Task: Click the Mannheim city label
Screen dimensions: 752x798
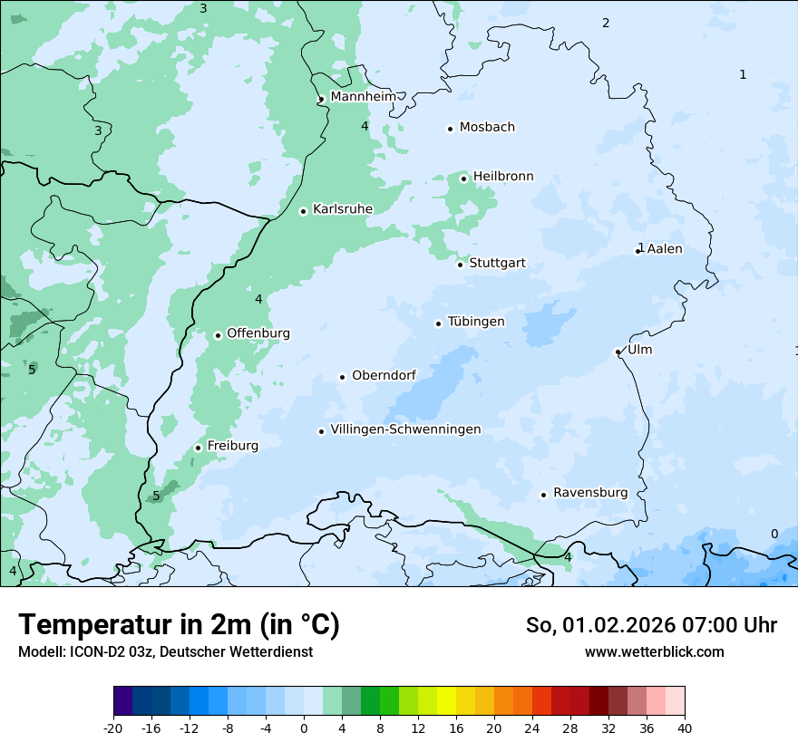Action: (363, 96)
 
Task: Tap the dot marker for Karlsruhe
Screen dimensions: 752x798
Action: (304, 211)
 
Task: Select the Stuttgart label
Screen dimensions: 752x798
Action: (497, 264)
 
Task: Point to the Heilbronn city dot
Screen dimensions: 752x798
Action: (463, 178)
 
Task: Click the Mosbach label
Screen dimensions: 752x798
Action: (487, 127)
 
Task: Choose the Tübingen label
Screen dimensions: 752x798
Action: (475, 322)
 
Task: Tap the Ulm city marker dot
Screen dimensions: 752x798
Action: (618, 352)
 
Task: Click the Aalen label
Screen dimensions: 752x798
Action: (665, 248)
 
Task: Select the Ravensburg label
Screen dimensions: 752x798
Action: (589, 493)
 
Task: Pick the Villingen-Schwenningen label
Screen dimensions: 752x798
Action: (405, 429)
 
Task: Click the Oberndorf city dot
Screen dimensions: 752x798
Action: (343, 377)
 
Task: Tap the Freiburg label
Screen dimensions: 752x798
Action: (232, 446)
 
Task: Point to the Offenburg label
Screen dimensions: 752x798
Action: (258, 333)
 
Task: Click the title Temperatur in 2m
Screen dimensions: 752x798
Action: (179, 625)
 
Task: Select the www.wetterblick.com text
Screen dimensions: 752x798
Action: (654, 651)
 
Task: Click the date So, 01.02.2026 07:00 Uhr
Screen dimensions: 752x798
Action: (651, 625)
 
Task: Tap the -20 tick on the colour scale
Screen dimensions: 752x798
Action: (113, 728)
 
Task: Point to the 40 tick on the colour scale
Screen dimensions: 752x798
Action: (685, 728)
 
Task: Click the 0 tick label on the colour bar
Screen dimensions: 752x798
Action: (304, 728)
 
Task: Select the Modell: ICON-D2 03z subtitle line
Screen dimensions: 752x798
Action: (165, 651)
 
